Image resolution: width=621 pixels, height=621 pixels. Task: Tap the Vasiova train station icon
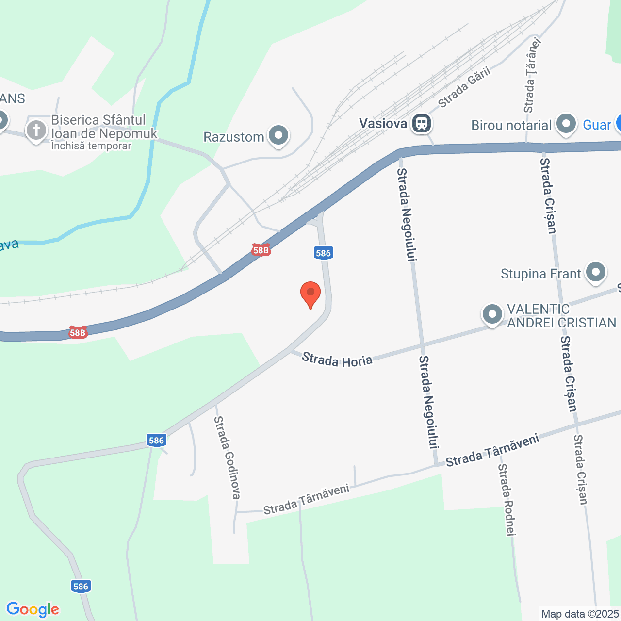coord(421,124)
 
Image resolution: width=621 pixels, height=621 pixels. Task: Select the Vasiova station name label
coord(383,123)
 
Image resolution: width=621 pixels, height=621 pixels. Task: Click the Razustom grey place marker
coord(278,136)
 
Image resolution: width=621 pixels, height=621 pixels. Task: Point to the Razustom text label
coord(233,137)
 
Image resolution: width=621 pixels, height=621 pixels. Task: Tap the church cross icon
coord(36,130)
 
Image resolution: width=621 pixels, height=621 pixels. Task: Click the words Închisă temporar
coord(91,146)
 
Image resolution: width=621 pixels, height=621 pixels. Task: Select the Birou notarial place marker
coord(566,125)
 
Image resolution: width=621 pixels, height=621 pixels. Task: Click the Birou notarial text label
coord(511,125)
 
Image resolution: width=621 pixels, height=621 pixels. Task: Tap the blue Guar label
coord(597,125)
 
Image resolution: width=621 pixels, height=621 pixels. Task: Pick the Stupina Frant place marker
coord(596,273)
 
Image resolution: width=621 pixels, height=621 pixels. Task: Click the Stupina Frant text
coord(540,274)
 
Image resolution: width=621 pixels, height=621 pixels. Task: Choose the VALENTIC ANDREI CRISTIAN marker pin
coord(492,314)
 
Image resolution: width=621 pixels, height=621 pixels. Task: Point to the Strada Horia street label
coord(337,360)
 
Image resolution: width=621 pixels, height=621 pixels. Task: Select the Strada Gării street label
coord(464,87)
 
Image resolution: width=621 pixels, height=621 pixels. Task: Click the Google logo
coord(33,609)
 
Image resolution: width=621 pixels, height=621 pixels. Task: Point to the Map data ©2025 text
coord(580,614)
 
